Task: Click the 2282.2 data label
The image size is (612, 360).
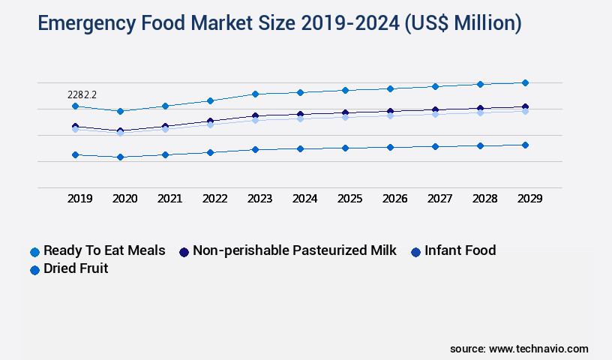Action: pos(82,95)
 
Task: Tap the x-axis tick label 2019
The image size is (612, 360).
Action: pos(80,199)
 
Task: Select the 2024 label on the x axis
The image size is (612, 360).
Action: pos(304,199)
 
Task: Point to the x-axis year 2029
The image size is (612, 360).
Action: pos(529,199)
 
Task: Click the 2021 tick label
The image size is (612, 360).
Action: pos(169,199)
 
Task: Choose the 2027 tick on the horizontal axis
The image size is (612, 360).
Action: pos(439,199)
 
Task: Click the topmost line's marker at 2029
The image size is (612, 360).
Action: pos(525,82)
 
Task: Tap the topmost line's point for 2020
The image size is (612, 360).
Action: pos(120,111)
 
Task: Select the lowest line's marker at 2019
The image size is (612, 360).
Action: pos(75,154)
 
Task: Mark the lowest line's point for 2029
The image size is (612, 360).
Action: pos(525,145)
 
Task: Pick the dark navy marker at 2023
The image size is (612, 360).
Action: pos(255,116)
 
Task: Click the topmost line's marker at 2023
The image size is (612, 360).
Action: pos(255,94)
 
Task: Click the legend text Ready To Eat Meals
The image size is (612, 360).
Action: pos(104,250)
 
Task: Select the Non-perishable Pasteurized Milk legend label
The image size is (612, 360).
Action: pos(295,250)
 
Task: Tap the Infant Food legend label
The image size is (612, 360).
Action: pos(460,250)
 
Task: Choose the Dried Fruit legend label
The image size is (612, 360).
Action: pos(75,268)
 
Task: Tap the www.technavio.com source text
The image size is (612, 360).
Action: pos(538,349)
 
